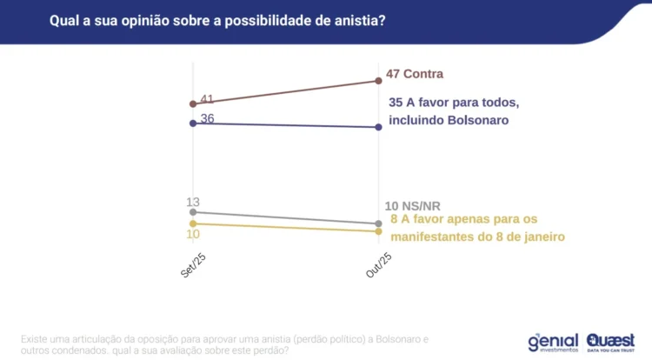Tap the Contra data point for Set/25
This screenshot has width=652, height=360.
[x=193, y=103]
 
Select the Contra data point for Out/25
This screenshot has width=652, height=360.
[x=378, y=81]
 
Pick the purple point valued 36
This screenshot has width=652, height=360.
[x=193, y=123]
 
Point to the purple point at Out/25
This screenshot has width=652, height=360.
[x=378, y=127]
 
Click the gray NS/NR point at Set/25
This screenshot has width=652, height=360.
[x=193, y=212]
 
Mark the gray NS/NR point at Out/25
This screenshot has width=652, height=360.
[x=378, y=223]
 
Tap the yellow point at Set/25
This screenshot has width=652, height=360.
[x=193, y=223]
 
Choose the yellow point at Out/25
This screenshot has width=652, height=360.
[x=378, y=231]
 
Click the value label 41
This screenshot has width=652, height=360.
[x=207, y=99]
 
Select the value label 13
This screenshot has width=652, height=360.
[x=193, y=202]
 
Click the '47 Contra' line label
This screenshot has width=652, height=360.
[x=415, y=75]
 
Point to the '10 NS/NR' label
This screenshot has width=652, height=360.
[x=414, y=206]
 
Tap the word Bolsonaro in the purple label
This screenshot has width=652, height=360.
[x=471, y=121]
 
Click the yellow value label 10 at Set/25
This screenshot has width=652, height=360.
[x=193, y=234]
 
